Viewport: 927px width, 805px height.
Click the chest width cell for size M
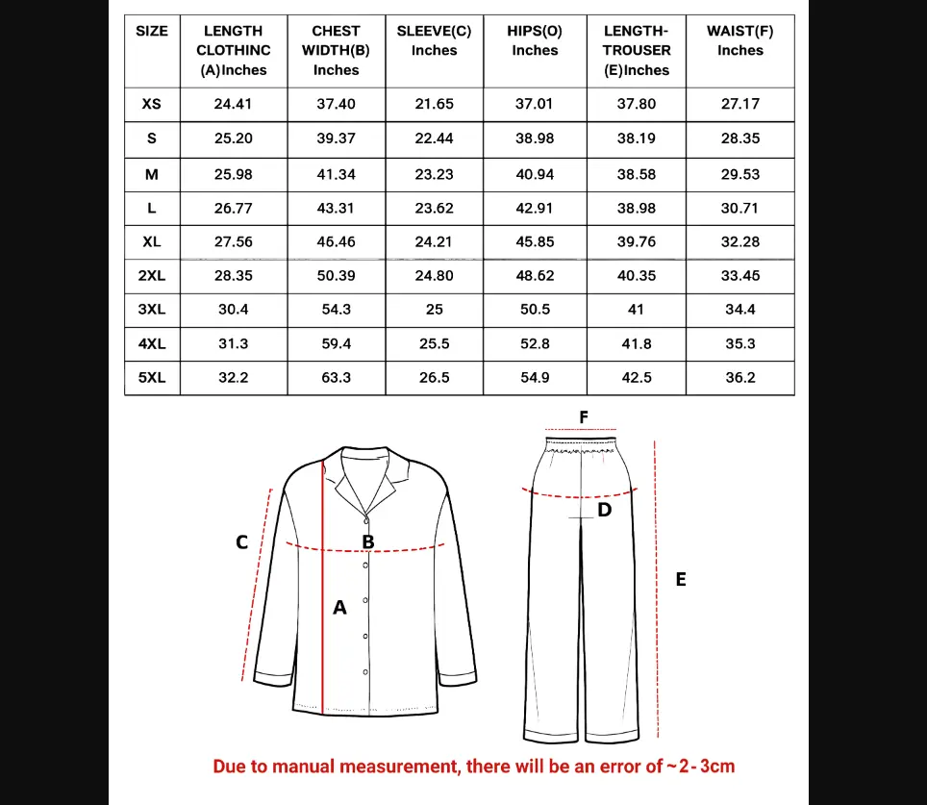click(x=336, y=174)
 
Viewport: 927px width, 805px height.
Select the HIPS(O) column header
click(x=535, y=40)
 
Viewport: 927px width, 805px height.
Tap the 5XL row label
click(x=152, y=378)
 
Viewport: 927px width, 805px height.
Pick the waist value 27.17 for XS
click(x=739, y=104)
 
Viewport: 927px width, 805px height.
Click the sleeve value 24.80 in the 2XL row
click(x=434, y=276)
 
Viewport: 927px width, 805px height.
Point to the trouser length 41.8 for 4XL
click(x=636, y=343)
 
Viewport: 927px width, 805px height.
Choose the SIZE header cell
click(x=152, y=31)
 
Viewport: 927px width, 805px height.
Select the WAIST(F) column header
click(x=739, y=40)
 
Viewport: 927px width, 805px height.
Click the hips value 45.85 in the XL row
click(x=535, y=241)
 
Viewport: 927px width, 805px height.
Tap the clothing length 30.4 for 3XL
click(x=233, y=310)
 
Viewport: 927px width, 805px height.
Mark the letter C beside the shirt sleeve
click(x=242, y=542)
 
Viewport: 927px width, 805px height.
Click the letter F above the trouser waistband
click(x=583, y=417)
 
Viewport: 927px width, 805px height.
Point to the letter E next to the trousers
click(x=681, y=579)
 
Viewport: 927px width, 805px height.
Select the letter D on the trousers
click(x=604, y=510)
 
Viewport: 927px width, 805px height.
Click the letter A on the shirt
click(x=339, y=608)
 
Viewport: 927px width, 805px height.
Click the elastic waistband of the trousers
click(x=582, y=447)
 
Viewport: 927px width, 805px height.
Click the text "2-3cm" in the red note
click(x=706, y=767)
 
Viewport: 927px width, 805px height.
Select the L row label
click(x=152, y=208)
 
